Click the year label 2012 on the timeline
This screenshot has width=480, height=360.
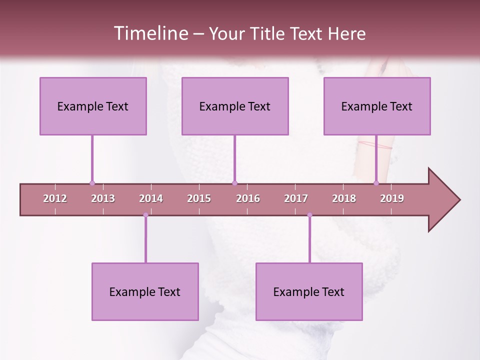[55, 198]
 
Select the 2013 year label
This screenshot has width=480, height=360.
[103, 198]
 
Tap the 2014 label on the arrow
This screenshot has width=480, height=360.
[151, 198]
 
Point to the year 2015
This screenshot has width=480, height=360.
[199, 198]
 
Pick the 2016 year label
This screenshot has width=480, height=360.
[248, 198]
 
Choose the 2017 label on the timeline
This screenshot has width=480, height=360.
[296, 198]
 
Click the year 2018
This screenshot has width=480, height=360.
[344, 198]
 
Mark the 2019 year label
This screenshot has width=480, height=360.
[392, 198]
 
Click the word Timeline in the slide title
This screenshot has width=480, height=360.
[150, 33]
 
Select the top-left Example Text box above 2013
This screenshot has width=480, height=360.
[93, 106]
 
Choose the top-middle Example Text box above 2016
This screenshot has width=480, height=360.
[235, 106]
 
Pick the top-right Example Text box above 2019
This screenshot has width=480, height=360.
[377, 106]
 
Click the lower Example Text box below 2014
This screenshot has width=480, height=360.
[145, 291]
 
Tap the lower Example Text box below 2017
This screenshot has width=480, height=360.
[309, 291]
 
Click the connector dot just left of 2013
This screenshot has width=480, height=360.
[92, 183]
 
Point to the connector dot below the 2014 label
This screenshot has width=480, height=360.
[145, 215]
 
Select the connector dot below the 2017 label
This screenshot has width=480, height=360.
[309, 215]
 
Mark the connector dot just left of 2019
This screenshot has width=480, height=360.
[376, 183]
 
